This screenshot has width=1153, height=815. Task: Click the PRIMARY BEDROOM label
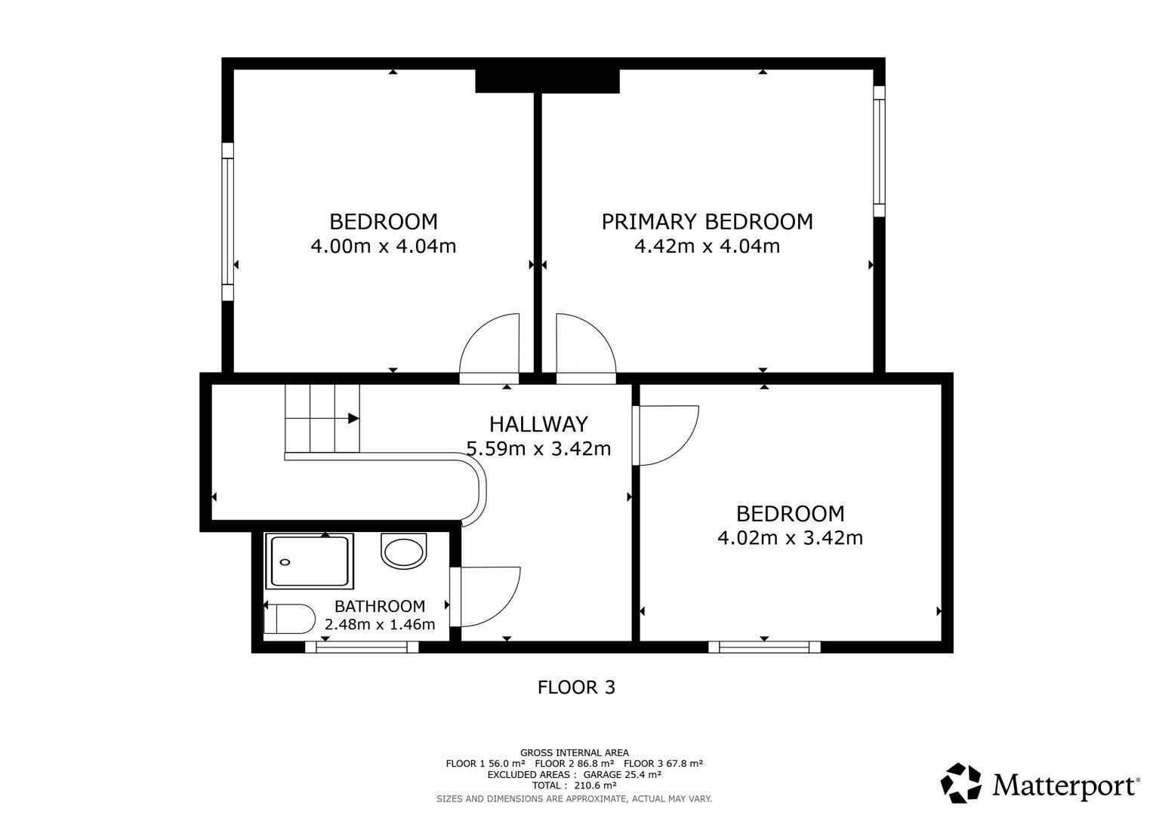click(x=707, y=221)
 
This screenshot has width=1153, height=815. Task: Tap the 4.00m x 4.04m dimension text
click(x=383, y=246)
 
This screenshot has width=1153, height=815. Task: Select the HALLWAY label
click(x=538, y=424)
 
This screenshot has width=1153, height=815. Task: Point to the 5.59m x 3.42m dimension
click(x=538, y=449)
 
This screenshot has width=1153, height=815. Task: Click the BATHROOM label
click(x=380, y=606)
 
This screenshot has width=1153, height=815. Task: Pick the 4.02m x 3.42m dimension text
click(x=790, y=538)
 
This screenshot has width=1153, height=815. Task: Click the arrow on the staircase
click(x=353, y=417)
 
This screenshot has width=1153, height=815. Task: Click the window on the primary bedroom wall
click(x=879, y=151)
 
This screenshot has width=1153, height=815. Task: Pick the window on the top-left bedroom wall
click(x=227, y=221)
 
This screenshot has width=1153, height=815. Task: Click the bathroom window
click(x=362, y=647)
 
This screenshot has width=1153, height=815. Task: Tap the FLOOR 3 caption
click(x=576, y=687)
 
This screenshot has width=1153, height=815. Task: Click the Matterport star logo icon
click(x=961, y=783)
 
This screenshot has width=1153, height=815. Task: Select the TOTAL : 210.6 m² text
click(x=574, y=786)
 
